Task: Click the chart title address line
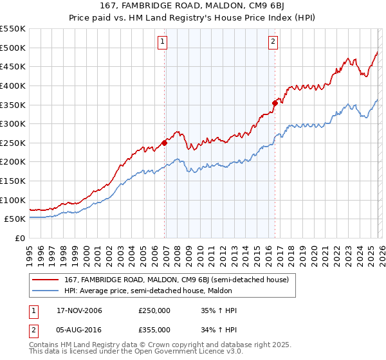[x=193, y=6]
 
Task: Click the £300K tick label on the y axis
[x=13, y=123]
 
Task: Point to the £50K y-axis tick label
[x=15, y=219]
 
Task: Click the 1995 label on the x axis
[x=29, y=251]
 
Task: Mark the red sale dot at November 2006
[x=165, y=143]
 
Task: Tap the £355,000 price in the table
[x=154, y=329]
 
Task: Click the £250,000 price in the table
[x=154, y=310]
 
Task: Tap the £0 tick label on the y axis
[x=19, y=239]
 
